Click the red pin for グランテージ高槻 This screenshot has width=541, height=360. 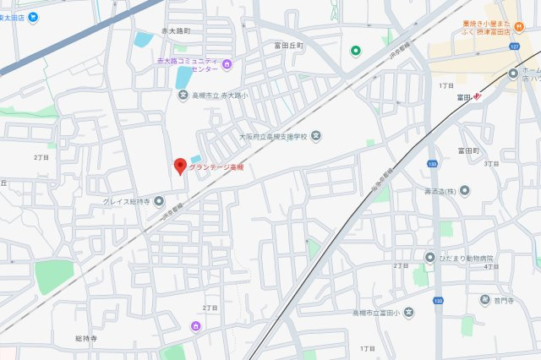click(x=179, y=166)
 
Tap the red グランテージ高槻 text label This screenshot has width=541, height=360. click(x=216, y=167)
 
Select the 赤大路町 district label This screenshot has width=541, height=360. click(x=177, y=30)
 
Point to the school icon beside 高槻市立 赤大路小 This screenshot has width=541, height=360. click(x=183, y=94)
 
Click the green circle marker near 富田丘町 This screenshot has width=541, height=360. click(x=356, y=51)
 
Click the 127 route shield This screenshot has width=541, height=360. click(x=513, y=47)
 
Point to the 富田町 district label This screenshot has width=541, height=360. click(x=468, y=150)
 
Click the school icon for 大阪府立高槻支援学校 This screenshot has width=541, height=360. click(x=315, y=135)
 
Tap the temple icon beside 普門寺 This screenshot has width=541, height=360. click(x=485, y=299)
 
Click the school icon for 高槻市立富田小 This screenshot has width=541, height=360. click(x=408, y=313)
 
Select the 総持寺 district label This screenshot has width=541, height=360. click(x=87, y=338)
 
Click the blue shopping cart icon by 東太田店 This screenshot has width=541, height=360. click(x=32, y=17)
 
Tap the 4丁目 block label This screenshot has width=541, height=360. click(x=492, y=266)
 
